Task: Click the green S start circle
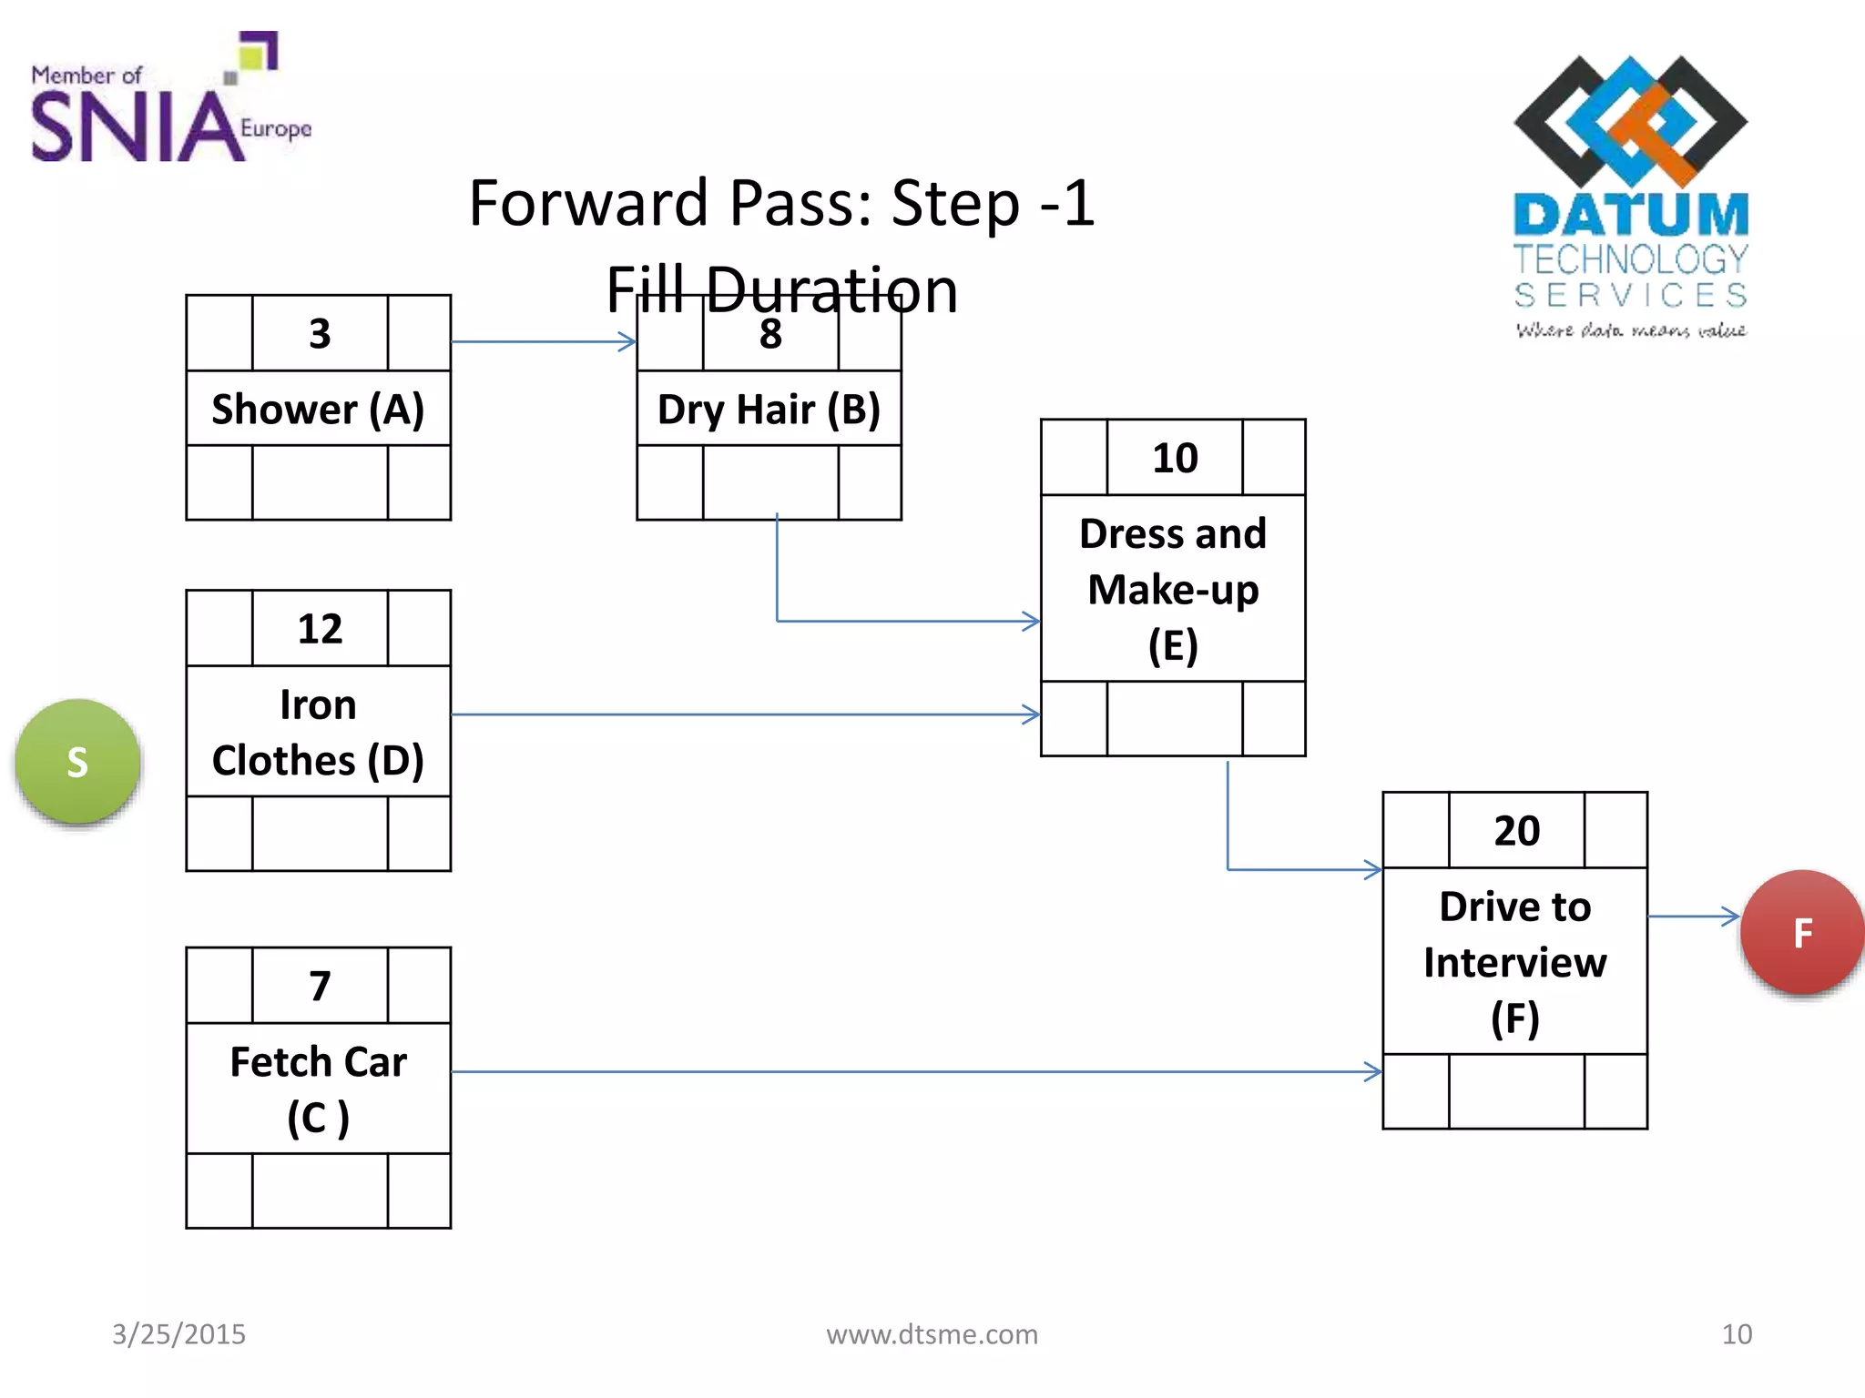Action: pyautogui.click(x=77, y=762)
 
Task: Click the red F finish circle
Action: pyautogui.click(x=1801, y=933)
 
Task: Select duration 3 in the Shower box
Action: pyautogui.click(x=320, y=334)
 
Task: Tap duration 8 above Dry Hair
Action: pyautogui.click(x=770, y=334)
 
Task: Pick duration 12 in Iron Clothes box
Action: pyautogui.click(x=320, y=629)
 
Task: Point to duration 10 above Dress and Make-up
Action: pyautogui.click(x=1175, y=458)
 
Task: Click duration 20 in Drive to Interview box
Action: pyautogui.click(x=1516, y=831)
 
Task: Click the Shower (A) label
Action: pyautogui.click(x=318, y=409)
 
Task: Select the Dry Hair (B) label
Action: pyautogui.click(x=769, y=409)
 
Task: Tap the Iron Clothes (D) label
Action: pyautogui.click(x=318, y=732)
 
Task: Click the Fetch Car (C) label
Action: pyautogui.click(x=318, y=1089)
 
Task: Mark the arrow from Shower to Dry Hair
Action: pyautogui.click(x=544, y=342)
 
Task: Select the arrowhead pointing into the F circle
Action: pyautogui.click(x=1729, y=917)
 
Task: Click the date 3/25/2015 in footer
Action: pyautogui.click(x=178, y=1334)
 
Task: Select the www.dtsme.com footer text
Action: pyautogui.click(x=932, y=1334)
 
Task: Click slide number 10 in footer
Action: pyautogui.click(x=1736, y=1334)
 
